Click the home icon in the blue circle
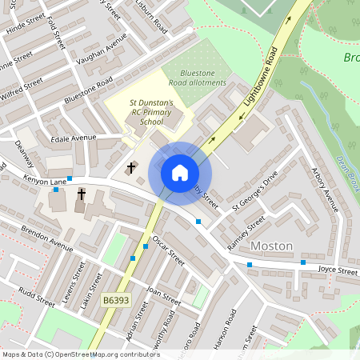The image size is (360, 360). [x=179, y=172]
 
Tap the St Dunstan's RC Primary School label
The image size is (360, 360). [x=152, y=112]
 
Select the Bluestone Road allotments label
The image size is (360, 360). [x=197, y=77]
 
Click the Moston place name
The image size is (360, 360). [x=272, y=246]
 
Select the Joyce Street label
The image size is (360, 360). [x=336, y=270]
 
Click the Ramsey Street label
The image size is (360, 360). [x=246, y=233]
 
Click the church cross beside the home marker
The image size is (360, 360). [x=131, y=169]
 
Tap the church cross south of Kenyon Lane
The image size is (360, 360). [x=81, y=194]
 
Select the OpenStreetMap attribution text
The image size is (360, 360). [x=81, y=354]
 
